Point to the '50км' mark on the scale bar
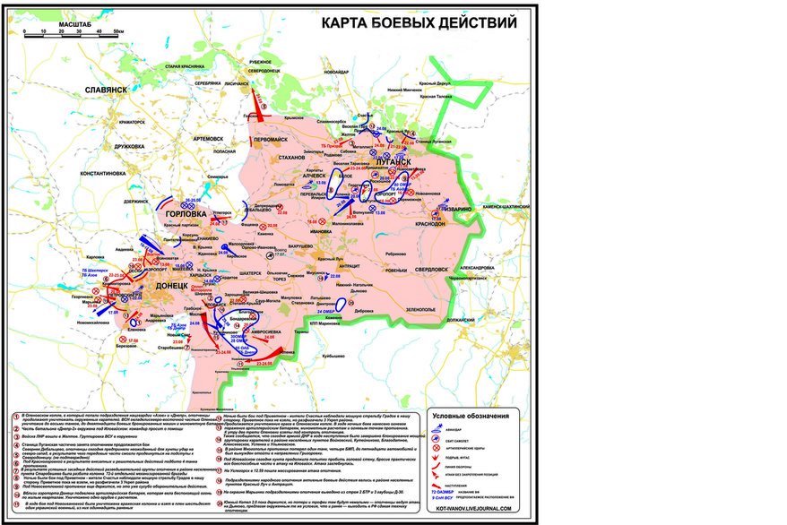point(118,31)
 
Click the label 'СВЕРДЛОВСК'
point(437,269)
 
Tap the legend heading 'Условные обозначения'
point(471,416)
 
